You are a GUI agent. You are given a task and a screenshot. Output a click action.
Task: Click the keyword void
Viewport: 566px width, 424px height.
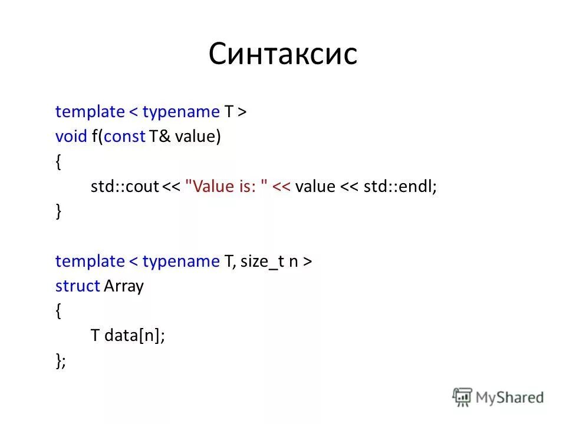pos(71,137)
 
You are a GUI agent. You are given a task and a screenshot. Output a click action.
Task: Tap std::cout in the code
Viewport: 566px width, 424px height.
pos(124,187)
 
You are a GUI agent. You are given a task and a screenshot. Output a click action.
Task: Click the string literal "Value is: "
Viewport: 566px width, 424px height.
pos(226,187)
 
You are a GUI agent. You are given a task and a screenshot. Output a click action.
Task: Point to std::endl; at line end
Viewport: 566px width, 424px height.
pos(400,187)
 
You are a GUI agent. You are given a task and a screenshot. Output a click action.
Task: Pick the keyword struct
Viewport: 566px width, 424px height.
pos(77,286)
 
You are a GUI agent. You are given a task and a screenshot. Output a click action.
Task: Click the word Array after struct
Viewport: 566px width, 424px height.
pos(124,287)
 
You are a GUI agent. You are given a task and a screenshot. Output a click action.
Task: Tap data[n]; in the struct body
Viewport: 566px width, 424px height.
pos(135,336)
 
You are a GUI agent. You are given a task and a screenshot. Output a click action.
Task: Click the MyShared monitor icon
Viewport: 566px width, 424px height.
pos(463,397)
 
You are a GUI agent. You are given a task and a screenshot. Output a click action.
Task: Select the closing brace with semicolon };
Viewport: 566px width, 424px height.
pos(61,361)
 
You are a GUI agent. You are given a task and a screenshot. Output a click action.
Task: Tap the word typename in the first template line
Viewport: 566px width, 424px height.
pos(180,112)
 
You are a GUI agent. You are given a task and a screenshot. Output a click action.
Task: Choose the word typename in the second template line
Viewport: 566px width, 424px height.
pos(180,261)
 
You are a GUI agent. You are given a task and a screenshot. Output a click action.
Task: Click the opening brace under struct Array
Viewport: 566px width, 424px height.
pos(58,311)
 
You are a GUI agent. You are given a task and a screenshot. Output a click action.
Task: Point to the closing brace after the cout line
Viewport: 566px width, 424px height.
pos(58,211)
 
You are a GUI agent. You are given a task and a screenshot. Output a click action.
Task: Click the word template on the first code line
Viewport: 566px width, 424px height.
pos(90,112)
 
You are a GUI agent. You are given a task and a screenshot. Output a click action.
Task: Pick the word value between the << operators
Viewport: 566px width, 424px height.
pos(315,187)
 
